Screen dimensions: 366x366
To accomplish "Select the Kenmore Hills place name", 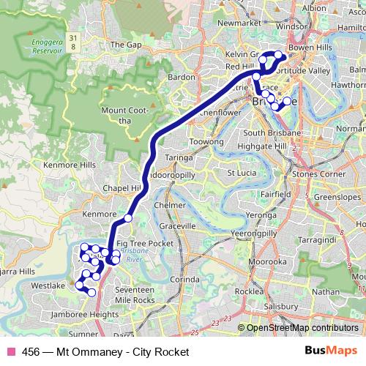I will [70, 165].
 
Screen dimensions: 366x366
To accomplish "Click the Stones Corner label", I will [318, 175].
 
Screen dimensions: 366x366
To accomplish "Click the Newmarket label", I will [239, 23].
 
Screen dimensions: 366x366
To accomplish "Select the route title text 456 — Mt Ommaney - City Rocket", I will [105, 352].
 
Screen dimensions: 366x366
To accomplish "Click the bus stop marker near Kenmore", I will [127, 217].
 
